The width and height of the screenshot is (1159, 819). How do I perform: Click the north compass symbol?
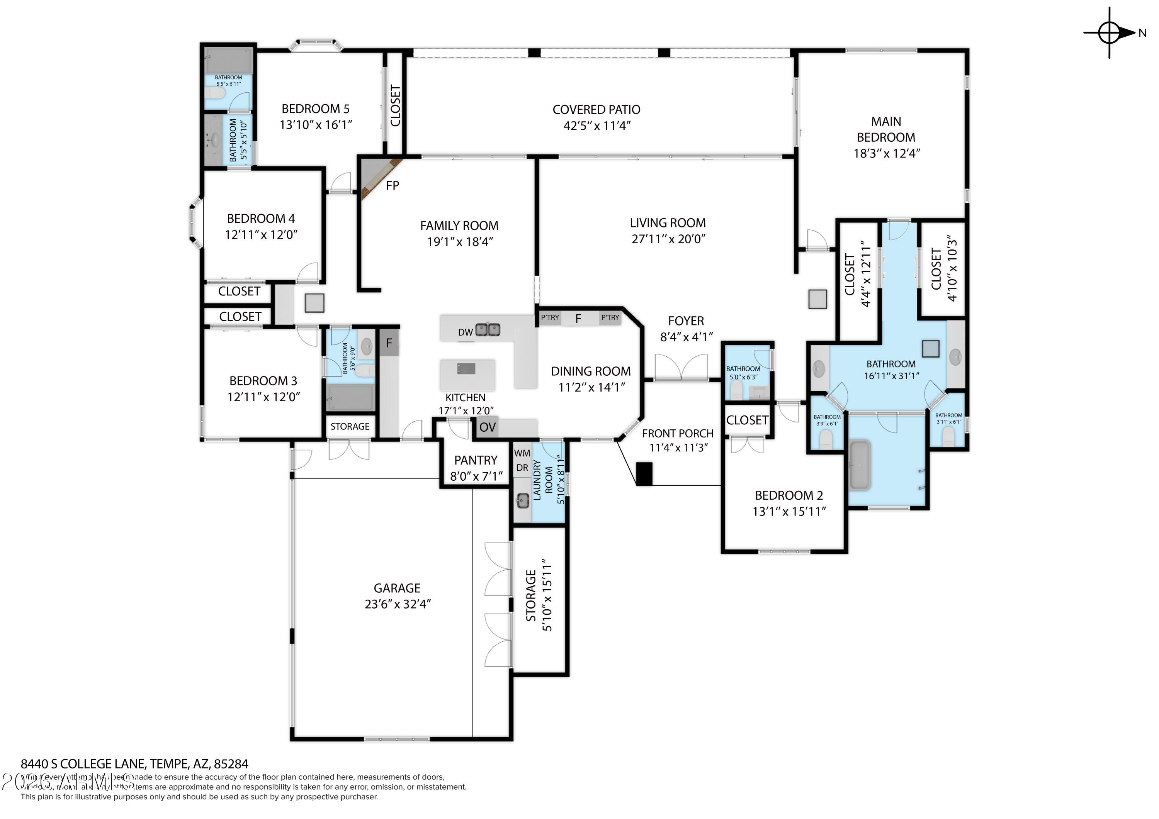click(1110, 33)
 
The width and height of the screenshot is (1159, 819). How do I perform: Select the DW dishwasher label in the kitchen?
click(465, 332)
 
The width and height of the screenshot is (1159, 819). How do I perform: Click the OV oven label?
click(487, 427)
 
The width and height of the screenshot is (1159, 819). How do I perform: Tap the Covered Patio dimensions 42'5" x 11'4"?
click(596, 125)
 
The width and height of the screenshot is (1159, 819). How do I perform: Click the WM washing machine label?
click(522, 453)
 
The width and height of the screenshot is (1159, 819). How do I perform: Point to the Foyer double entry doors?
click(681, 367)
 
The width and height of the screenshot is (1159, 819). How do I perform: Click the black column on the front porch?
click(644, 474)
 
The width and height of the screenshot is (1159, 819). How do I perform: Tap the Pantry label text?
click(476, 460)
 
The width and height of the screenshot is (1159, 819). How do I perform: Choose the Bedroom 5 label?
click(316, 109)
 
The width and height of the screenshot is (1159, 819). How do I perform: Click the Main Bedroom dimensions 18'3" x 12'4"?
click(886, 153)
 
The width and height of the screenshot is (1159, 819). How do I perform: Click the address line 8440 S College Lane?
click(134, 764)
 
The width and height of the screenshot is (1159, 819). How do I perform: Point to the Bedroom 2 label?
click(789, 495)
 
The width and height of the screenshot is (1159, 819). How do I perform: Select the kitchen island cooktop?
click(466, 369)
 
